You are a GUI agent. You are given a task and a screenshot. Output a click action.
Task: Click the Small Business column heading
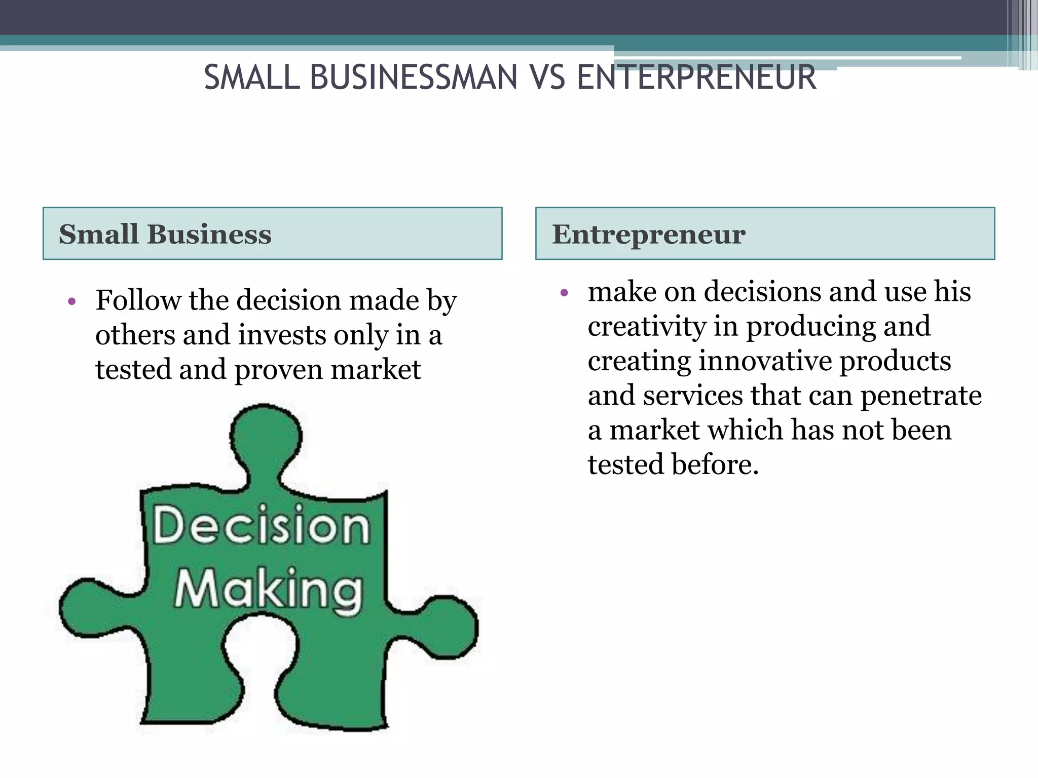coord(165,234)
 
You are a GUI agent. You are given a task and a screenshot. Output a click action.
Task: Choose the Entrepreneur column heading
coord(648,234)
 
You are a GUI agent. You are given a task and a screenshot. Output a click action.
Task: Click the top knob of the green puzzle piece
coord(266,436)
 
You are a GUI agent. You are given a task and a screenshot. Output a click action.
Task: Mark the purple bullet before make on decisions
coord(565,293)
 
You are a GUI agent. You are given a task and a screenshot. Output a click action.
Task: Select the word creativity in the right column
coord(647,326)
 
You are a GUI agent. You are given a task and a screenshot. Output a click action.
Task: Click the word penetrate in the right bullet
coord(921,396)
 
